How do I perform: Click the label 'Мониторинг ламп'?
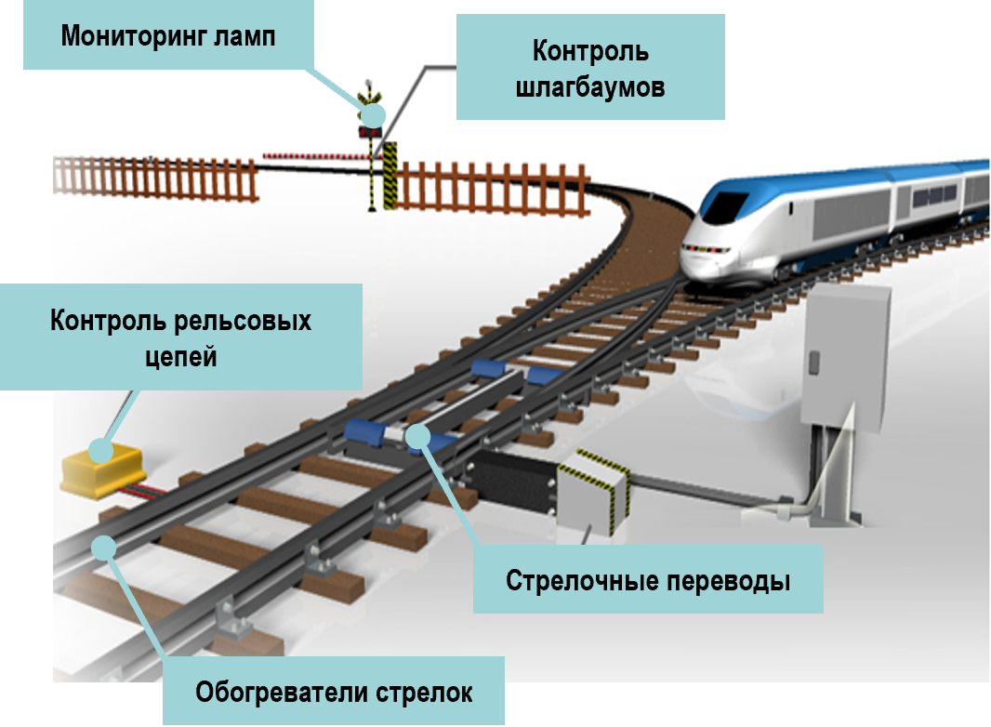click(168, 36)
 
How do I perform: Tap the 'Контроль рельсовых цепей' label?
click(180, 337)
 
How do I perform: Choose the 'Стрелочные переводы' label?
click(648, 581)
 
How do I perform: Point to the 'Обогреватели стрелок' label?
click(334, 692)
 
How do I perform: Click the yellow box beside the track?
click(100, 465)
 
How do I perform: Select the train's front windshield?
click(723, 204)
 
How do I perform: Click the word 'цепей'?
click(181, 354)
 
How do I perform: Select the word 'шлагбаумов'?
click(589, 87)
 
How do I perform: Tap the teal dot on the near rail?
click(104, 548)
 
